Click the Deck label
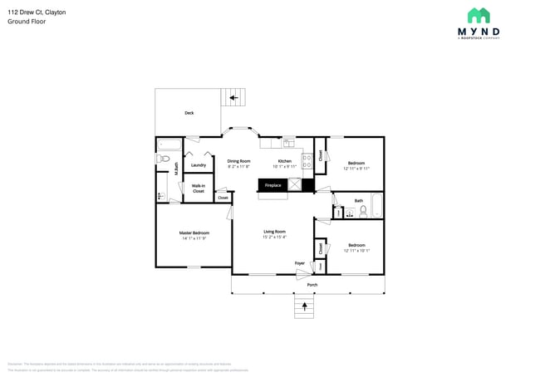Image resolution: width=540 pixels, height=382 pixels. click(189, 113)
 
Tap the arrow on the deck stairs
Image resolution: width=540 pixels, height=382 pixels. click(234, 98)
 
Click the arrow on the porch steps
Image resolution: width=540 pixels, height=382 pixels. click(305, 306)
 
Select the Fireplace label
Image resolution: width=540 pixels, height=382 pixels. click(272, 185)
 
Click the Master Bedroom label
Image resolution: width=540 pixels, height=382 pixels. click(194, 233)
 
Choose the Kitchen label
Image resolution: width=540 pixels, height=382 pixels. click(285, 160)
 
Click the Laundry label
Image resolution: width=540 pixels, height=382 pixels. click(198, 165)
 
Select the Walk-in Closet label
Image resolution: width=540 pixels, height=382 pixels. click(199, 189)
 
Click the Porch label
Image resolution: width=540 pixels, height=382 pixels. click(312, 285)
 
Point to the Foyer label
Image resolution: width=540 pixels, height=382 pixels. click(300, 263)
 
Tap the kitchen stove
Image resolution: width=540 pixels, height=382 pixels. click(306, 160)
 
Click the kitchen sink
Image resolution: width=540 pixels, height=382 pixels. click(288, 141)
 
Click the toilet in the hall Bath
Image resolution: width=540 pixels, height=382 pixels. click(363, 211)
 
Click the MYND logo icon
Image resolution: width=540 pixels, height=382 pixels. click(479, 15)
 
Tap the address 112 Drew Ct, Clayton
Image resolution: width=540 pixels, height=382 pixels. click(37, 12)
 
